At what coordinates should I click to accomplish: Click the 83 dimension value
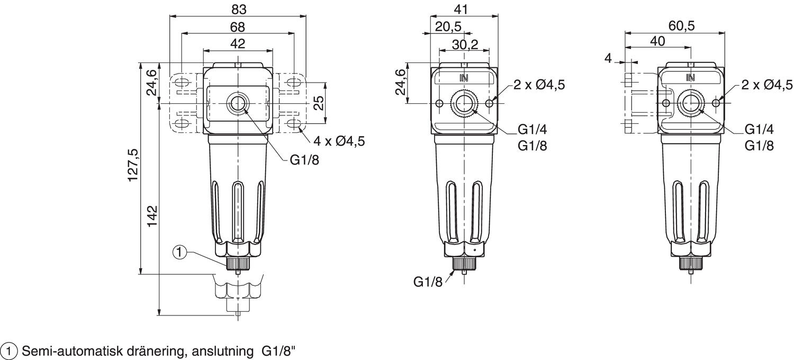click(x=239, y=10)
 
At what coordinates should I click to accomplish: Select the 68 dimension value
click(x=238, y=27)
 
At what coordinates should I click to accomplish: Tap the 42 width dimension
click(x=238, y=43)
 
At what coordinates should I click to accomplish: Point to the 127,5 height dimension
click(x=133, y=165)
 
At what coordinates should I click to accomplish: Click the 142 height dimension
click(x=152, y=216)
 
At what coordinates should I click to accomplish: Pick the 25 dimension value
click(x=319, y=103)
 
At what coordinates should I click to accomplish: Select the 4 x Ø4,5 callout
click(x=339, y=141)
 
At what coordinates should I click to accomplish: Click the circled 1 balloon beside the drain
click(x=180, y=253)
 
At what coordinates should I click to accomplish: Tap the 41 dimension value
click(x=461, y=9)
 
